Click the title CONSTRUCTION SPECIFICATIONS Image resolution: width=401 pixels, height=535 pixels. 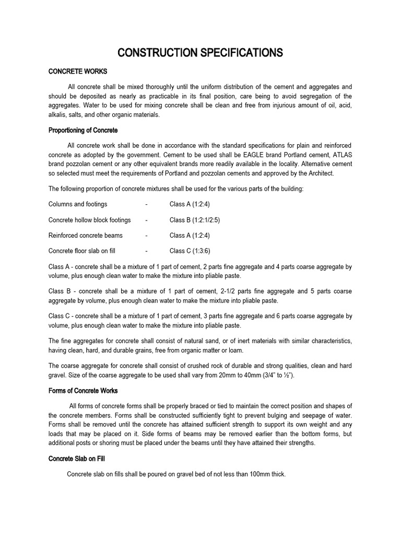point(200,53)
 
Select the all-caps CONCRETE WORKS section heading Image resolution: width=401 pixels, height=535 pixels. point(77,72)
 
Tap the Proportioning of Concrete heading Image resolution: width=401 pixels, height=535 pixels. point(83,130)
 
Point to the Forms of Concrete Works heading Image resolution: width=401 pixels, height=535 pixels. point(83,391)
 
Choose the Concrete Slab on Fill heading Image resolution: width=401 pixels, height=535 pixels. point(77,459)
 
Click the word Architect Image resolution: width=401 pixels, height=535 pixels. point(313,173)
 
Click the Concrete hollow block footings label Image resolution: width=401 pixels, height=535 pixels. point(90,220)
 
